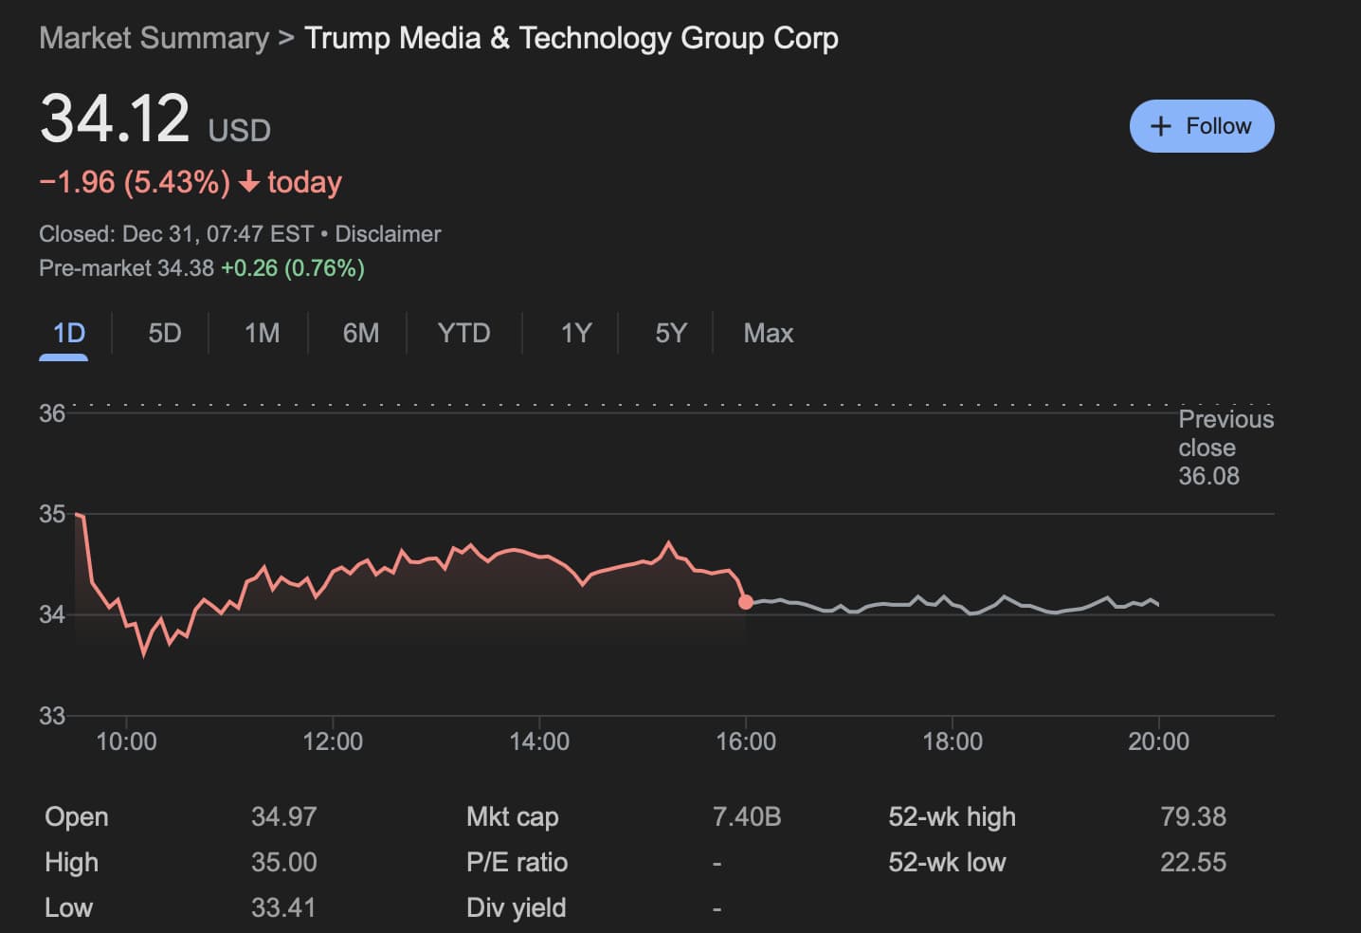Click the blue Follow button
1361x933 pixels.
[1201, 126]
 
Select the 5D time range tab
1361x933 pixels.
[164, 333]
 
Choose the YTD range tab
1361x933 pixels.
[463, 333]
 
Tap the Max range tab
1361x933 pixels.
[768, 333]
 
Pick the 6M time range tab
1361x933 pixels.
[360, 333]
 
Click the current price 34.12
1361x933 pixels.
[115, 119]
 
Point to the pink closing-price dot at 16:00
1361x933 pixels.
[746, 602]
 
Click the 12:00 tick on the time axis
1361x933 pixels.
[333, 741]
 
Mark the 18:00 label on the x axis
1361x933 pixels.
[952, 741]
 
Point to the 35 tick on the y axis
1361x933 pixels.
[52, 514]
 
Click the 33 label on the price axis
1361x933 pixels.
[52, 715]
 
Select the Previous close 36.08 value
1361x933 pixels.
[1208, 476]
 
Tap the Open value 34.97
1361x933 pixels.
[283, 816]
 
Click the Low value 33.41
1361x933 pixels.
[283, 907]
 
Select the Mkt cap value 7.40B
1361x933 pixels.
[747, 816]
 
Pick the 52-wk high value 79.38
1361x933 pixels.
[1192, 816]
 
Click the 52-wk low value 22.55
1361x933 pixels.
[1192, 862]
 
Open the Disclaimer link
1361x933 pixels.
[388, 234]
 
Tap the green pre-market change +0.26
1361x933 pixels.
[249, 268]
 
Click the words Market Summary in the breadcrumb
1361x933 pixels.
[154, 38]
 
